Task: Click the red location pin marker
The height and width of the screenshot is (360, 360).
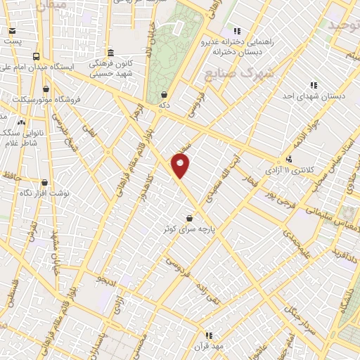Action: (x=181, y=165)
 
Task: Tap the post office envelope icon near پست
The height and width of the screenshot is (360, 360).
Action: (x=12, y=32)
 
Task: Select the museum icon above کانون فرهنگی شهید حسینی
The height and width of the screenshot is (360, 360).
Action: (x=111, y=53)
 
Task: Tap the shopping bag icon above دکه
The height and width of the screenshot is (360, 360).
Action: (x=164, y=94)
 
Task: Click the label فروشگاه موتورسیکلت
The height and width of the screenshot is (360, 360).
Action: (x=46, y=98)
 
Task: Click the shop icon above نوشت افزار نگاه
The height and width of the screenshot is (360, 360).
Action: (x=44, y=182)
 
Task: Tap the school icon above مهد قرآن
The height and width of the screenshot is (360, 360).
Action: (x=208, y=335)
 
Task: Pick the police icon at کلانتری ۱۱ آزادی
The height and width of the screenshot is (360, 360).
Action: (x=289, y=160)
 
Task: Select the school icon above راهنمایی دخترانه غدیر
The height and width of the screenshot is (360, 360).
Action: (x=238, y=31)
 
